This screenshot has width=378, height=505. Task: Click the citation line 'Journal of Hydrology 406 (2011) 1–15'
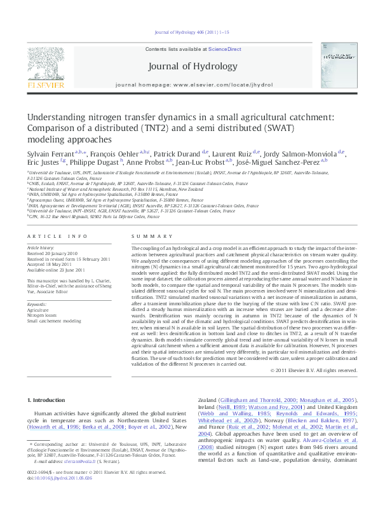(189, 32)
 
